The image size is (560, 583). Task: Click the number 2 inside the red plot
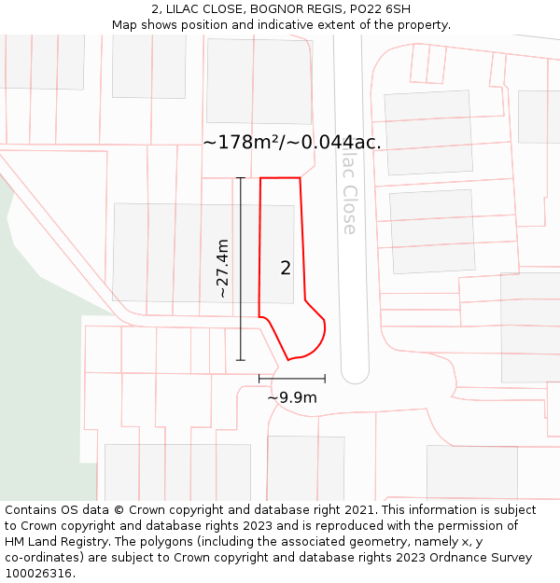tap(286, 268)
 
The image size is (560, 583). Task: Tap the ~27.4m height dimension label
tap(222, 269)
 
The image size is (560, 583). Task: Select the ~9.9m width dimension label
tap(292, 398)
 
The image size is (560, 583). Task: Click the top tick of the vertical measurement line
tap(241, 177)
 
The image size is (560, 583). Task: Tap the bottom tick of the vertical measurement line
tap(241, 360)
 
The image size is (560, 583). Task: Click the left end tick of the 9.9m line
tap(259, 378)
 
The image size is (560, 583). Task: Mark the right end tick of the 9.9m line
tap(325, 378)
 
